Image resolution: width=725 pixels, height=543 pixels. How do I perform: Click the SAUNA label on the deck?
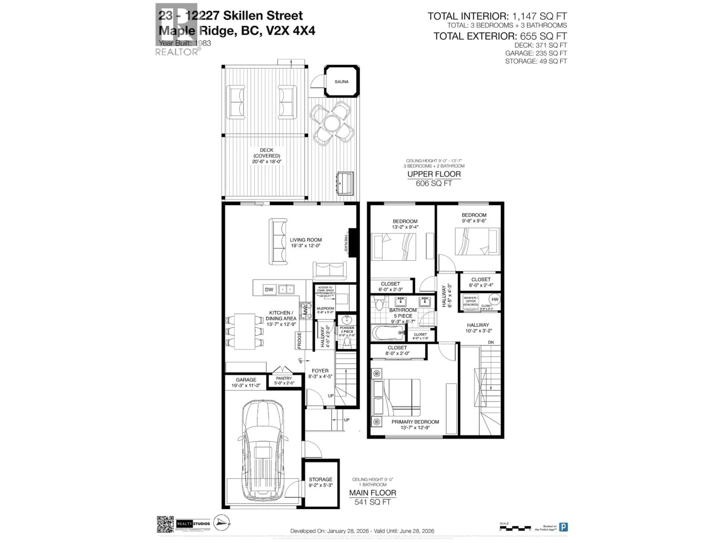[341, 81]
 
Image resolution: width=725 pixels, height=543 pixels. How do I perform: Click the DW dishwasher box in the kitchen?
[269, 289]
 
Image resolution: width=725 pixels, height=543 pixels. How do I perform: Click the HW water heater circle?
[495, 299]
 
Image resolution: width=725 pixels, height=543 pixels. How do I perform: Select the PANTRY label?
[284, 378]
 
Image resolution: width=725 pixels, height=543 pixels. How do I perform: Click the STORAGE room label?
[321, 479]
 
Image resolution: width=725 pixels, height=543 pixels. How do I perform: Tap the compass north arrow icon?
[222, 522]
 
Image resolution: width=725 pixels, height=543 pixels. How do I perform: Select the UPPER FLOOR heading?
[434, 174]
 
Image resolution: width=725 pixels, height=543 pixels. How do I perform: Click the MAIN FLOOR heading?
[372, 493]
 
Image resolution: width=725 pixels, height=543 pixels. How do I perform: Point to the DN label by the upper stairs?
[491, 342]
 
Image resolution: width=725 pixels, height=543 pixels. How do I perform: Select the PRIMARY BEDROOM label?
[415, 422]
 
